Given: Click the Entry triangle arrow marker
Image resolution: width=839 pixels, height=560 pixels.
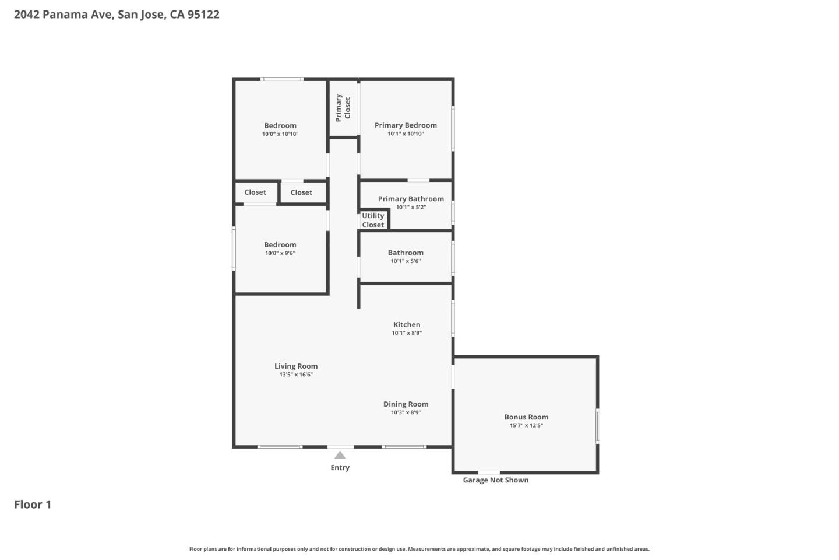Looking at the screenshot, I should point(340,455).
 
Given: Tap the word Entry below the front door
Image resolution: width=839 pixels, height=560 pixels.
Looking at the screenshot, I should point(340,468).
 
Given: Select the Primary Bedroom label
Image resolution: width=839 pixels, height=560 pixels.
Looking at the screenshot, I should point(406,125).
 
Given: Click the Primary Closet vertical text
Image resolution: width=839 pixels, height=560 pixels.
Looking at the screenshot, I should point(343,108).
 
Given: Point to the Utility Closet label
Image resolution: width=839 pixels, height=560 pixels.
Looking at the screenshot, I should point(373,220).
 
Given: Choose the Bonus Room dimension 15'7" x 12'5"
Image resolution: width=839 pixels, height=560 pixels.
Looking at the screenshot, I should point(526,426).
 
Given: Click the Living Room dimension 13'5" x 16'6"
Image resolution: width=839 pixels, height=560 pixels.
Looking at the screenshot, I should point(296,375).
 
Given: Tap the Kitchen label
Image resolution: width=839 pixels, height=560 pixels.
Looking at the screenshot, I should point(407,325).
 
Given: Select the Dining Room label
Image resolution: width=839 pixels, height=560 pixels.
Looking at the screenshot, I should point(406,404).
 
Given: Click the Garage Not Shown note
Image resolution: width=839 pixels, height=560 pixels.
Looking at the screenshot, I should point(496,480).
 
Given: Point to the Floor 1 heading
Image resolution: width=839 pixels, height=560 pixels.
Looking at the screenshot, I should point(33,505).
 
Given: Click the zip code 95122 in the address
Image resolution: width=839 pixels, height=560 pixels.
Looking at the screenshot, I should point(203,15).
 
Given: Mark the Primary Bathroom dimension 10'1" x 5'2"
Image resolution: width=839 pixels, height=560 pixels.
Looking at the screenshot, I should point(411,208).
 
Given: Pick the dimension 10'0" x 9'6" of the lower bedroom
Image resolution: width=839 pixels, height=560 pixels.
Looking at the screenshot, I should point(280,253).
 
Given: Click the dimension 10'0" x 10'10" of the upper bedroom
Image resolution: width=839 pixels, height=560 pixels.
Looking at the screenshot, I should point(280,134).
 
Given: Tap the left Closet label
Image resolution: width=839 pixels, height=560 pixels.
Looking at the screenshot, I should point(255,192).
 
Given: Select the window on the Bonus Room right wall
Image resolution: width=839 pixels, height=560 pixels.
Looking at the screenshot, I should point(597,426).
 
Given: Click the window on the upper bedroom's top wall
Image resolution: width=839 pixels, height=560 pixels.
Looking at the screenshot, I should point(281,79).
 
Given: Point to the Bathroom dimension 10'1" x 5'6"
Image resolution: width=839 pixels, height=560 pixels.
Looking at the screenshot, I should point(406,261).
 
